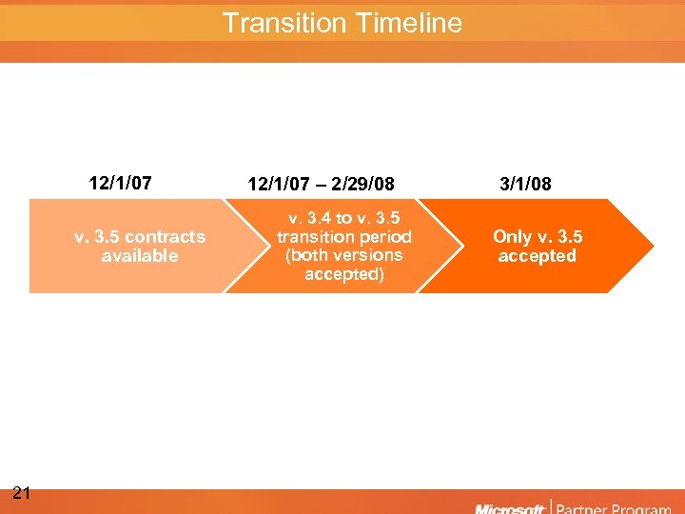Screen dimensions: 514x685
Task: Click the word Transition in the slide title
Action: (281, 23)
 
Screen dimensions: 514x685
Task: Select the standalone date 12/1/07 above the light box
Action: (121, 183)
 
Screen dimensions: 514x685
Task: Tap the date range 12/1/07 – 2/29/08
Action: (321, 184)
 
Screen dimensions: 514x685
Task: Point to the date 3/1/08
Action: (525, 184)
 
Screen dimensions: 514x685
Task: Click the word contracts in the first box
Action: (165, 237)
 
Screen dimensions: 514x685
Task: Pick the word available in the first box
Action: (140, 256)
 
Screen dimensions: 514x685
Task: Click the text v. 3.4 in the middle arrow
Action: (303, 218)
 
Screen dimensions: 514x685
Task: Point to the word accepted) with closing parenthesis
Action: (344, 274)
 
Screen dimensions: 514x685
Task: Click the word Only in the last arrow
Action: (512, 237)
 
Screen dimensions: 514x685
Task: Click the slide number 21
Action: (23, 492)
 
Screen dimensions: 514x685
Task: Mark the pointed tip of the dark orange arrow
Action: (654, 247)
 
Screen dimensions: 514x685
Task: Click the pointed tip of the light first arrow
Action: (269, 247)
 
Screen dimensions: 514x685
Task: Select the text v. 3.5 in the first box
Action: (97, 237)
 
